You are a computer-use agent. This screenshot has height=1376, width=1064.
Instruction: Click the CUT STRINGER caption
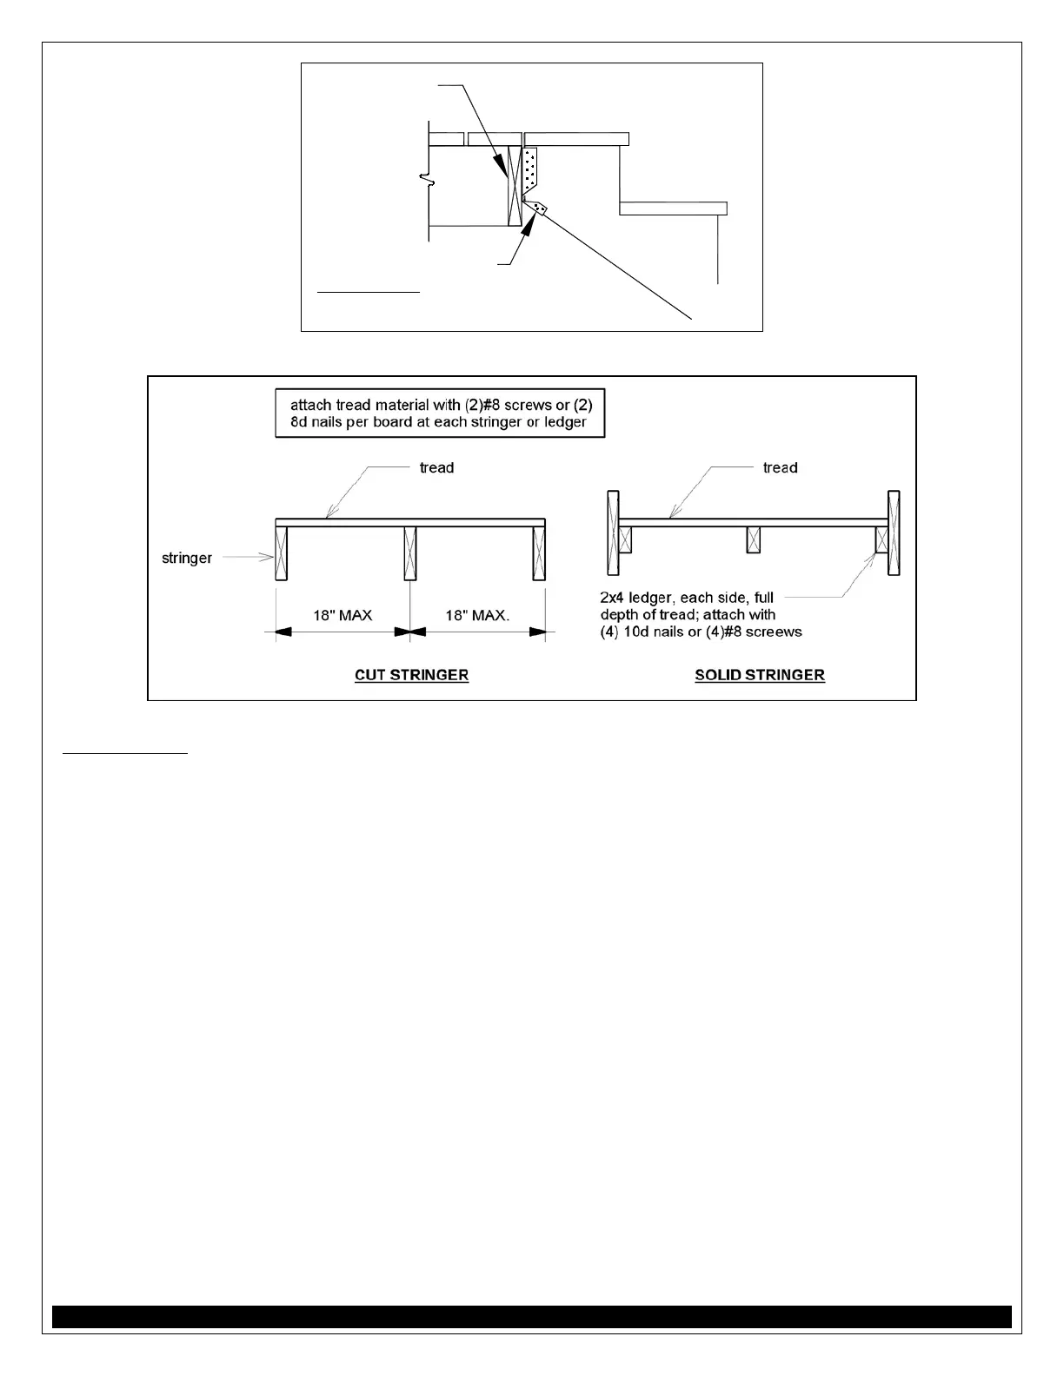tap(411, 675)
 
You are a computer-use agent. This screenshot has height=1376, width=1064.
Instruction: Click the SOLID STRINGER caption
tap(759, 675)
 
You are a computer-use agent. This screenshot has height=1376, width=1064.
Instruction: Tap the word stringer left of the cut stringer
tap(187, 558)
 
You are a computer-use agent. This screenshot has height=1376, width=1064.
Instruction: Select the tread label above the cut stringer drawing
tap(436, 468)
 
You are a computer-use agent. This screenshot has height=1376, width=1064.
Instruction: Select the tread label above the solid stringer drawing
tap(780, 468)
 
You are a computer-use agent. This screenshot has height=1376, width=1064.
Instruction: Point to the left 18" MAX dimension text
tap(342, 616)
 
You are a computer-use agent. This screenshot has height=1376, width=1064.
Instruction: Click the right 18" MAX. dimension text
tap(477, 616)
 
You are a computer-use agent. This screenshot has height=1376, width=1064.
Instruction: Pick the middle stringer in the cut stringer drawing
tap(410, 553)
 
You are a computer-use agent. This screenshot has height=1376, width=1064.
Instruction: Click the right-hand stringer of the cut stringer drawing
tap(539, 553)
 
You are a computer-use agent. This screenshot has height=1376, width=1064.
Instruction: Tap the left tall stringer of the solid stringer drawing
tap(613, 533)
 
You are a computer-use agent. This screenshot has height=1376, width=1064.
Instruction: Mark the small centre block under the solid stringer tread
tap(753, 539)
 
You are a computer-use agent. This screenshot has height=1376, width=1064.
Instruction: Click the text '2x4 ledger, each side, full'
tap(687, 598)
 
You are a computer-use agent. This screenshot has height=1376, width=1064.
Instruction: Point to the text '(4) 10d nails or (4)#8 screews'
tap(701, 632)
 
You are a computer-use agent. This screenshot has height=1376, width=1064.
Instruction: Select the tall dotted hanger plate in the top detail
tap(530, 171)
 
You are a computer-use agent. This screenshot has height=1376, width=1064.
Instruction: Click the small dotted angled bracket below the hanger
tap(540, 209)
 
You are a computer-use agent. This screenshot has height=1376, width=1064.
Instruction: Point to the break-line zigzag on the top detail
tap(426, 180)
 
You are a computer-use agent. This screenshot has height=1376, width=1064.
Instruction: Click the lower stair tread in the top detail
tap(673, 208)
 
